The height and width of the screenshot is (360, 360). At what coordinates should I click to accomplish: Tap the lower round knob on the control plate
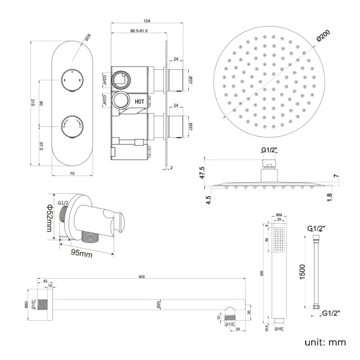click(72, 124)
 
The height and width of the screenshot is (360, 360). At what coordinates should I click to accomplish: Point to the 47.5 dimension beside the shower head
click(203, 172)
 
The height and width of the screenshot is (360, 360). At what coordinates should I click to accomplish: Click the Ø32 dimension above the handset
click(280, 214)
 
